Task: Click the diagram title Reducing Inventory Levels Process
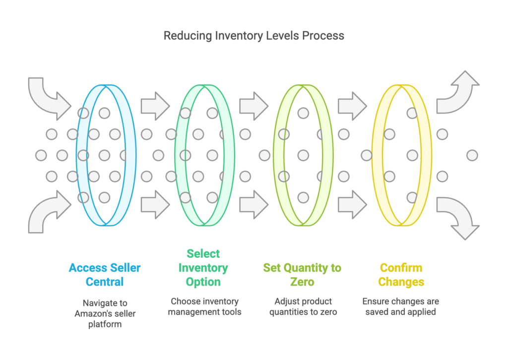254,36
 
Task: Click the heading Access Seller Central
105,275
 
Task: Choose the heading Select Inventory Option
203,267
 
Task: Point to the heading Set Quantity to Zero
302,275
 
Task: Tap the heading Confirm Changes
401,275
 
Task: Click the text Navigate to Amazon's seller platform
105,313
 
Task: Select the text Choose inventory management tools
204,306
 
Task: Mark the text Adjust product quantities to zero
303,306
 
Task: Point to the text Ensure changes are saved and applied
401,306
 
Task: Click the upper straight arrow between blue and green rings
155,106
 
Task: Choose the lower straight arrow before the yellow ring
352,205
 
